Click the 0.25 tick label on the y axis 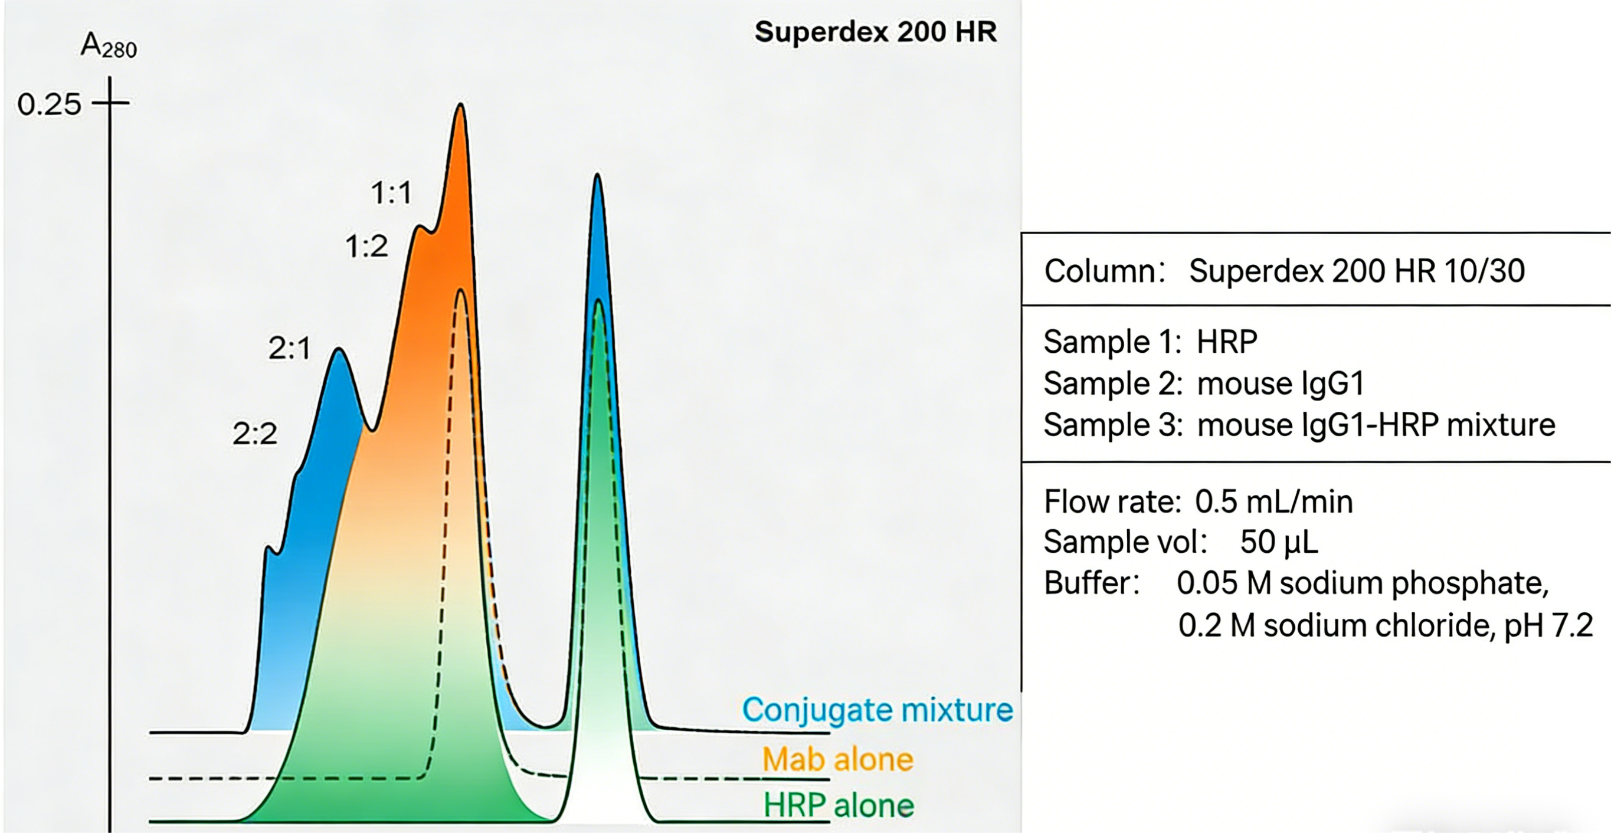pyautogui.click(x=49, y=104)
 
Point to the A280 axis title pyautogui.click(x=109, y=45)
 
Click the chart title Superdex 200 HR pyautogui.click(x=876, y=32)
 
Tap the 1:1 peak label pyautogui.click(x=391, y=192)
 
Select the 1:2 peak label pyautogui.click(x=366, y=247)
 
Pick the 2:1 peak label pyautogui.click(x=289, y=348)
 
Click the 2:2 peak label pyautogui.click(x=254, y=434)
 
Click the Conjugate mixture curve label pyautogui.click(x=877, y=710)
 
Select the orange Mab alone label pyautogui.click(x=837, y=760)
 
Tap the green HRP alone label pyautogui.click(x=838, y=805)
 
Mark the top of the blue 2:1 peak pyautogui.click(x=339, y=350)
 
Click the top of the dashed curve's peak pyautogui.click(x=461, y=291)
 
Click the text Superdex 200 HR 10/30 pyautogui.click(x=1357, y=271)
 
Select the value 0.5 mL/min pyautogui.click(x=1273, y=501)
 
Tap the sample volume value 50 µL pyautogui.click(x=1278, y=542)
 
